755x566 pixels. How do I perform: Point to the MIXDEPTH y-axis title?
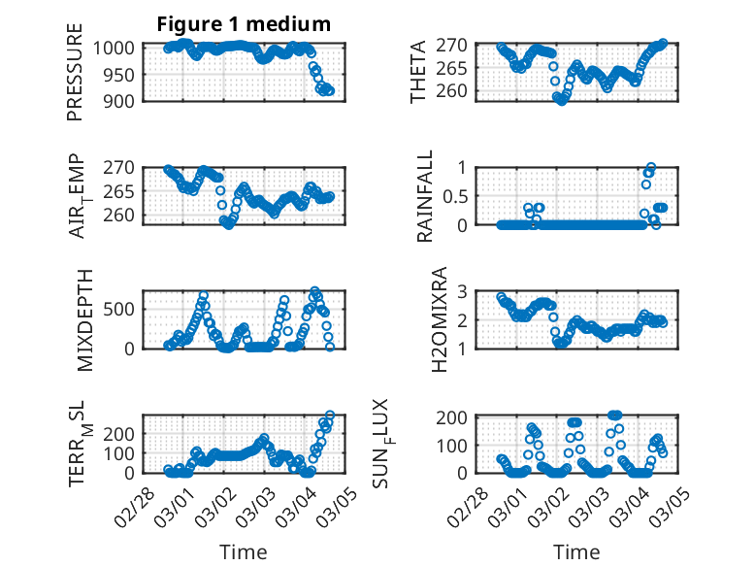pos(82,319)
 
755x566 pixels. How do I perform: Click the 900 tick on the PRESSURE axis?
pos(119,100)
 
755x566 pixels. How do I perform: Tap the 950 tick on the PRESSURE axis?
pos(119,74)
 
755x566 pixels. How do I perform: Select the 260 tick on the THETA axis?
pos(462,91)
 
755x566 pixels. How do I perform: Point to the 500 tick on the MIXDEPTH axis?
pos(119,310)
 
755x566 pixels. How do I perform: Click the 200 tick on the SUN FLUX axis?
pos(460,417)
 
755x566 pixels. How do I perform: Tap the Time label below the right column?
pos(576,552)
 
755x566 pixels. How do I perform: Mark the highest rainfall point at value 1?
pos(650,168)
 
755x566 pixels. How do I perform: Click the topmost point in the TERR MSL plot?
pos(330,416)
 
